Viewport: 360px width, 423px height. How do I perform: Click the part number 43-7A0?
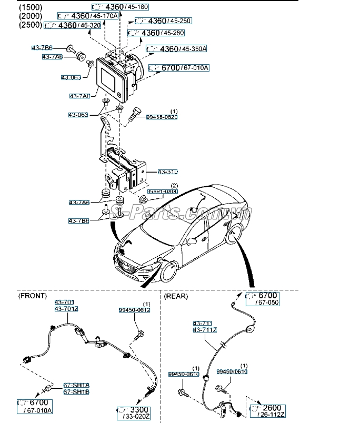click(x=79, y=96)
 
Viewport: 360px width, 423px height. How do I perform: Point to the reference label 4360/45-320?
click(x=73, y=25)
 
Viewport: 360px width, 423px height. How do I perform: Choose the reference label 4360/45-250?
click(x=163, y=21)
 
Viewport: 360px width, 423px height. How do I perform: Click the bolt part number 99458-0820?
click(x=162, y=117)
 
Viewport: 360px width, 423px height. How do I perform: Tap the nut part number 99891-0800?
click(x=162, y=192)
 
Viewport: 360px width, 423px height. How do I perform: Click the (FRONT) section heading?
click(x=33, y=296)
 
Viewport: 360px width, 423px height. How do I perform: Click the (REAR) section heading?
click(x=176, y=296)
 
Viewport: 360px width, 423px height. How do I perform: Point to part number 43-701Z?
click(x=66, y=309)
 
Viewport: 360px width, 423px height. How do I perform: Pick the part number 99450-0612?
click(x=134, y=310)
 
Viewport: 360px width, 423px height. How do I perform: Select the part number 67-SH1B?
click(x=76, y=391)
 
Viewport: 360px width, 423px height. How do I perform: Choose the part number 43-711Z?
click(x=205, y=330)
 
